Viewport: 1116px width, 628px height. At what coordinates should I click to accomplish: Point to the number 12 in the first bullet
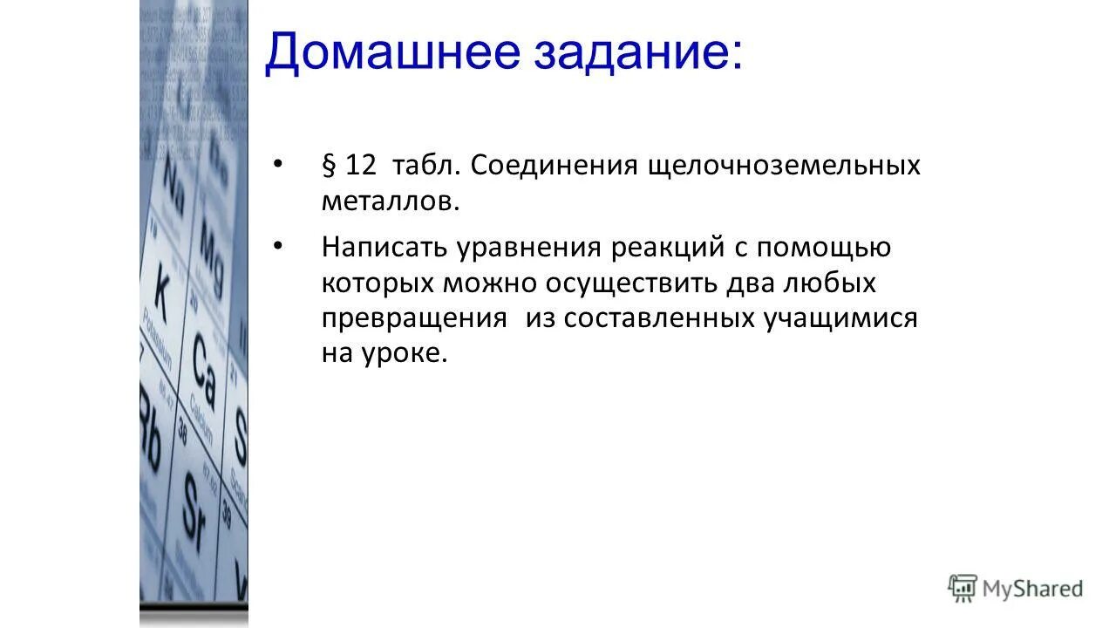pyautogui.click(x=360, y=166)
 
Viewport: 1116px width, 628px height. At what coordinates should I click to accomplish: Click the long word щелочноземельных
pyautogui.click(x=783, y=166)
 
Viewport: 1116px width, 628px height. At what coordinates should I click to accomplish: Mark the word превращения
pyautogui.click(x=413, y=318)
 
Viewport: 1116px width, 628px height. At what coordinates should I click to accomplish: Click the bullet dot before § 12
pyautogui.click(x=278, y=164)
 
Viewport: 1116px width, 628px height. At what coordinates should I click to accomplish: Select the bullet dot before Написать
pyautogui.click(x=278, y=246)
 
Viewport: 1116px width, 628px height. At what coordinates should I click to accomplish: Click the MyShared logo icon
pyautogui.click(x=963, y=589)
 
